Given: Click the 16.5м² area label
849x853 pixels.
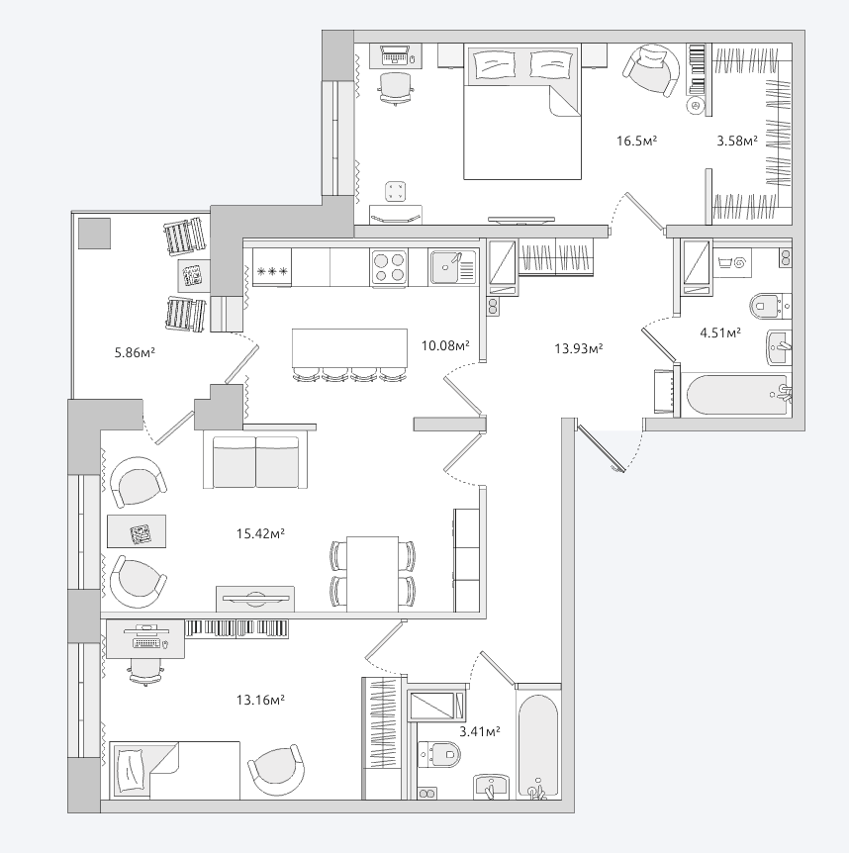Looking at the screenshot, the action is pyautogui.click(x=636, y=141).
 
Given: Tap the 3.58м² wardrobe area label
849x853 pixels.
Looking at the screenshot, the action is pyautogui.click(x=737, y=141).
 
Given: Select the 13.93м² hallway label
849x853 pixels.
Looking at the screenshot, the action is pyautogui.click(x=578, y=348).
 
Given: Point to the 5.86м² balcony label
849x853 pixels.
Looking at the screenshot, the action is pyautogui.click(x=135, y=352).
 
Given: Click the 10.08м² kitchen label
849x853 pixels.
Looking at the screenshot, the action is pyautogui.click(x=445, y=345).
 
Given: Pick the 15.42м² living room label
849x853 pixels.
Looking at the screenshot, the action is pyautogui.click(x=260, y=533).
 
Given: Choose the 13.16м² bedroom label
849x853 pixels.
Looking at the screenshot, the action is pyautogui.click(x=260, y=700).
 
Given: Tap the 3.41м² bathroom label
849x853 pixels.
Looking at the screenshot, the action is pyautogui.click(x=480, y=731).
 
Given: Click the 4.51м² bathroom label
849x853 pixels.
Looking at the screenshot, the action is pyautogui.click(x=720, y=332).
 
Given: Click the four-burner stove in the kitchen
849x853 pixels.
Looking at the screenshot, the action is pyautogui.click(x=390, y=267).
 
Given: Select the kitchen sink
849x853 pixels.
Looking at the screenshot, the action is pyautogui.click(x=452, y=266).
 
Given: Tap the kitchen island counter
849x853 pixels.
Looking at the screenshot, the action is pyautogui.click(x=349, y=348).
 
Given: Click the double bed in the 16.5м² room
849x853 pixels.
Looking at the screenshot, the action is pyautogui.click(x=522, y=112).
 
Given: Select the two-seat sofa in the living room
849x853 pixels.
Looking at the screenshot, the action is pyautogui.click(x=255, y=461).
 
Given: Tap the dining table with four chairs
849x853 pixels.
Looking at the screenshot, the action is pyautogui.click(x=373, y=574).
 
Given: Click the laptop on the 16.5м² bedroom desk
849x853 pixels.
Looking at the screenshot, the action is pyautogui.click(x=396, y=55).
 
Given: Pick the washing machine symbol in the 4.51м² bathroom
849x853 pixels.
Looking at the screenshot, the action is pyautogui.click(x=732, y=263).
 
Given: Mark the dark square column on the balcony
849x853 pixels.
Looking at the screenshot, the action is pyautogui.click(x=95, y=234).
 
